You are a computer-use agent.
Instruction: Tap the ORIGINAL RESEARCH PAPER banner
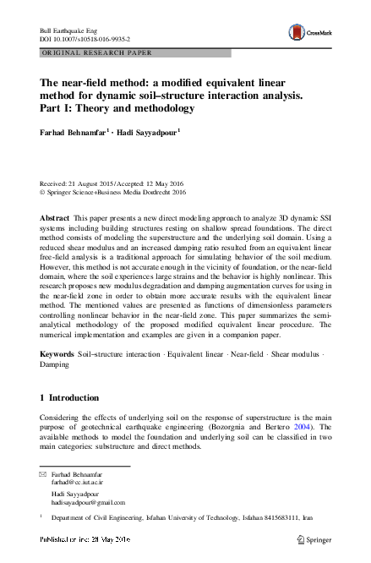coord(85,52)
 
